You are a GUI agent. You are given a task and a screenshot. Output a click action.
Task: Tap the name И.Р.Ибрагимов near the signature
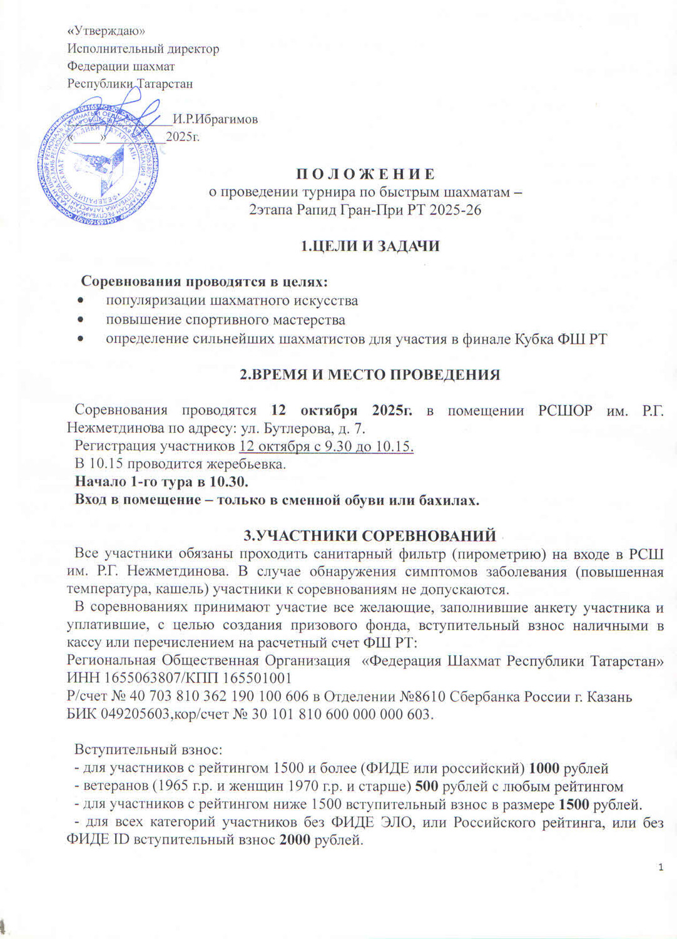pyautogui.click(x=215, y=119)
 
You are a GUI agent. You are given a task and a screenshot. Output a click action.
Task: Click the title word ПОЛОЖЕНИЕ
pyautogui.click(x=365, y=174)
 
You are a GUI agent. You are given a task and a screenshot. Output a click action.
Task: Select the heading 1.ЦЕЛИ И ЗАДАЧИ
pyautogui.click(x=370, y=246)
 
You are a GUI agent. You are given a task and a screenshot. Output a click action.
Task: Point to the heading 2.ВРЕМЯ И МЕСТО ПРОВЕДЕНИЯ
pyautogui.click(x=370, y=375)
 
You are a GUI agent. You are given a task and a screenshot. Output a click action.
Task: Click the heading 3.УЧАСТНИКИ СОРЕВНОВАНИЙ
pyautogui.click(x=369, y=535)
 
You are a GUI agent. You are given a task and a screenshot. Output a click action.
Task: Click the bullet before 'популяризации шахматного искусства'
pyautogui.click(x=79, y=301)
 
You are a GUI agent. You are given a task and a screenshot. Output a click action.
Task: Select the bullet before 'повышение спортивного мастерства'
pyautogui.click(x=79, y=321)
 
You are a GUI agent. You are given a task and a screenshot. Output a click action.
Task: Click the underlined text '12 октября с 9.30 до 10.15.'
pyautogui.click(x=326, y=446)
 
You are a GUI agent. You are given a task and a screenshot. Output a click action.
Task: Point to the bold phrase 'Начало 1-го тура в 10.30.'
pyautogui.click(x=161, y=482)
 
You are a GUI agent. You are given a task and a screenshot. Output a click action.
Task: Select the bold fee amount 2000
pyautogui.click(x=294, y=840)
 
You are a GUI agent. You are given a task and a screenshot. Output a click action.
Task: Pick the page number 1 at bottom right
pyautogui.click(x=661, y=867)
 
